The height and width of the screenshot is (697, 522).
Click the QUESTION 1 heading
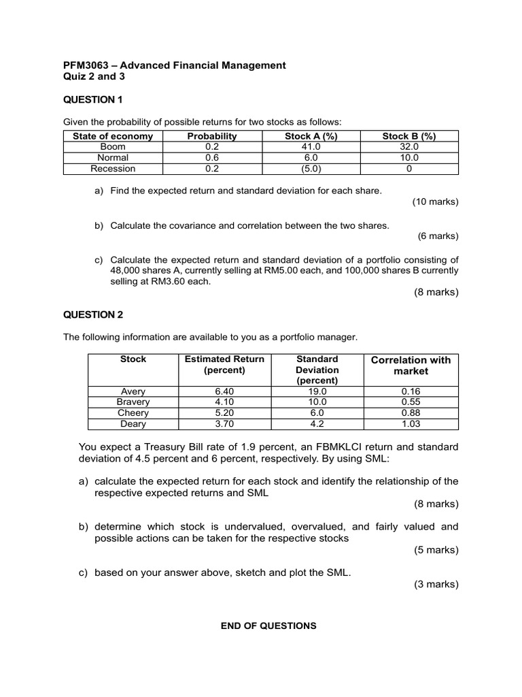[93, 100]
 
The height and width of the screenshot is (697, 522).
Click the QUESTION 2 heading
[93, 314]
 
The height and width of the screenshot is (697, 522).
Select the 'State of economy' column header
[113, 136]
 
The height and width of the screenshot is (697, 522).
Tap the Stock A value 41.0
[311, 146]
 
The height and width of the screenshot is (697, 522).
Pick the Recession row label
[113, 169]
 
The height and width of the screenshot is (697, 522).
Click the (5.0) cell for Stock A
[311, 169]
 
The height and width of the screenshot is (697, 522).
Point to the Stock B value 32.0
[409, 146]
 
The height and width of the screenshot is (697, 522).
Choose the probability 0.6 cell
[211, 157]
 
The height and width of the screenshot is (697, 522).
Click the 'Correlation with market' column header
[411, 366]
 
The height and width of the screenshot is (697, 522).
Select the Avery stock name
[133, 391]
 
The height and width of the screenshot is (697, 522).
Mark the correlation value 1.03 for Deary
[411, 424]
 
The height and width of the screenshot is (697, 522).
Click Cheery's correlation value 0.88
[411, 413]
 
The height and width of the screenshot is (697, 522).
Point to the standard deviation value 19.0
[317, 391]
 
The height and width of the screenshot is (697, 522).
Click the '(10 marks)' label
[435, 202]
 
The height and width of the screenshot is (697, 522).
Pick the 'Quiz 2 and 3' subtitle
[94, 77]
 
